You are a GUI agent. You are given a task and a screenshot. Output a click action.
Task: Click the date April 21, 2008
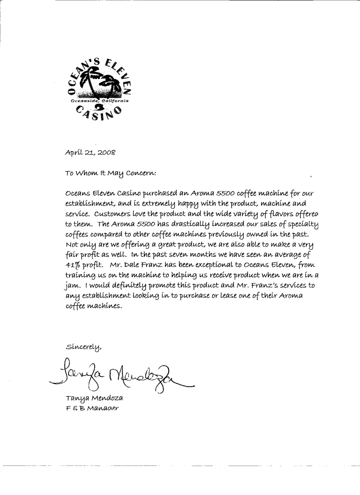(90, 152)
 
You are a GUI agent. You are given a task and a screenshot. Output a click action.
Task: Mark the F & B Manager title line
(92, 408)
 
